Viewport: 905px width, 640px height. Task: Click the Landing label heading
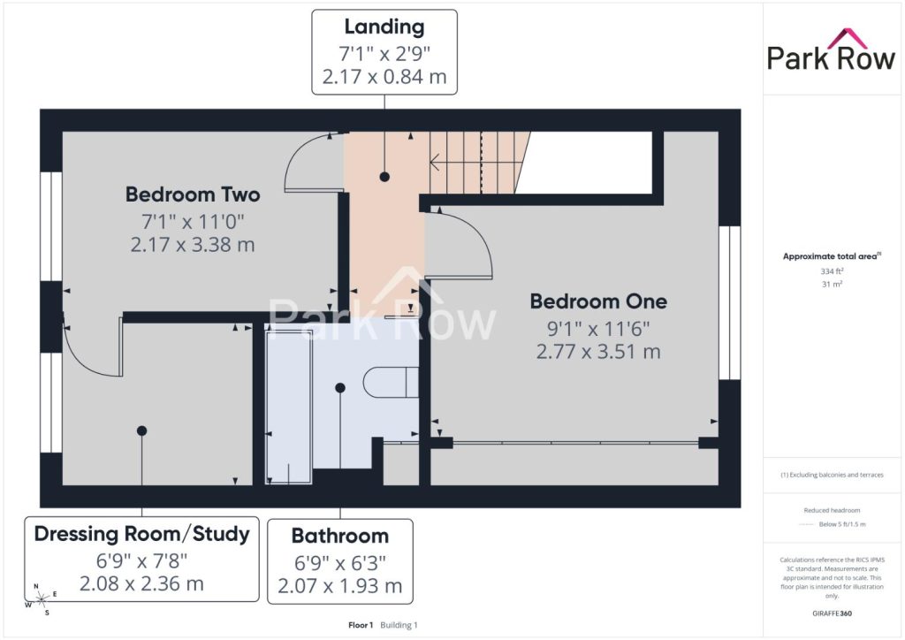pyautogui.click(x=384, y=27)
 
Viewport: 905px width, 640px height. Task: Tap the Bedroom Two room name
pyautogui.click(x=193, y=194)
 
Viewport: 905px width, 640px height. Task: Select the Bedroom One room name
pyautogui.click(x=598, y=301)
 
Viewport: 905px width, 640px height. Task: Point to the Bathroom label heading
pyautogui.click(x=340, y=536)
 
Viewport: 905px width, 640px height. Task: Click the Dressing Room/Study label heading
pyautogui.click(x=142, y=534)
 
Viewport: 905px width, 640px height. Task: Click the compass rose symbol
pyautogui.click(x=42, y=599)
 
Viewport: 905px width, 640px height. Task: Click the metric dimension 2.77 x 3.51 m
pyautogui.click(x=598, y=352)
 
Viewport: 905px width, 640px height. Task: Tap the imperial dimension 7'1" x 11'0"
pyautogui.click(x=193, y=221)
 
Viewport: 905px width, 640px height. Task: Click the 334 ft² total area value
pyautogui.click(x=832, y=271)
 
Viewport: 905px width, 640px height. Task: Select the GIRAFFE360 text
pyautogui.click(x=832, y=613)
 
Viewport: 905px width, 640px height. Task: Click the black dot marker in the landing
pyautogui.click(x=384, y=177)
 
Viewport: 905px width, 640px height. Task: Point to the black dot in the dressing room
pyautogui.click(x=142, y=430)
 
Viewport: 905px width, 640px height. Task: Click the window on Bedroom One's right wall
pyautogui.click(x=729, y=302)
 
